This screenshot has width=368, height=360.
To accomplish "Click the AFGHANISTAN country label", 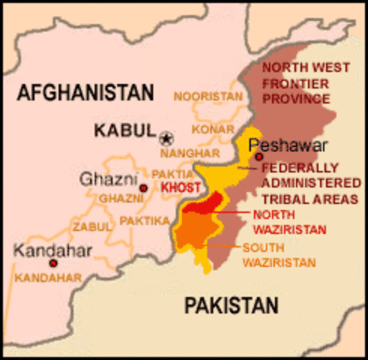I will [85, 92].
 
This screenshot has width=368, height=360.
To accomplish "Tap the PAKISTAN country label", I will [231, 304].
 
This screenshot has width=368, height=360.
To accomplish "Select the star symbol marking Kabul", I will [167, 137].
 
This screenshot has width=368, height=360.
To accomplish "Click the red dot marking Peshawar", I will [258, 157].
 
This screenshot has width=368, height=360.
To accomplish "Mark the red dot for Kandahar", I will [53, 263].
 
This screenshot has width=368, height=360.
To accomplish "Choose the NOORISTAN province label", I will [208, 96].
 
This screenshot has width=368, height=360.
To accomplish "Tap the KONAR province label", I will [207, 129].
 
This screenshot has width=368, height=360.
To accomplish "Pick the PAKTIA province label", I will [167, 174].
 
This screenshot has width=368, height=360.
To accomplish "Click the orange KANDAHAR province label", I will [48, 277].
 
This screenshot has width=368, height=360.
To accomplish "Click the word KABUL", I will [125, 130].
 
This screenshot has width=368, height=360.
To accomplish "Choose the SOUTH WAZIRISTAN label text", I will [279, 255].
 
